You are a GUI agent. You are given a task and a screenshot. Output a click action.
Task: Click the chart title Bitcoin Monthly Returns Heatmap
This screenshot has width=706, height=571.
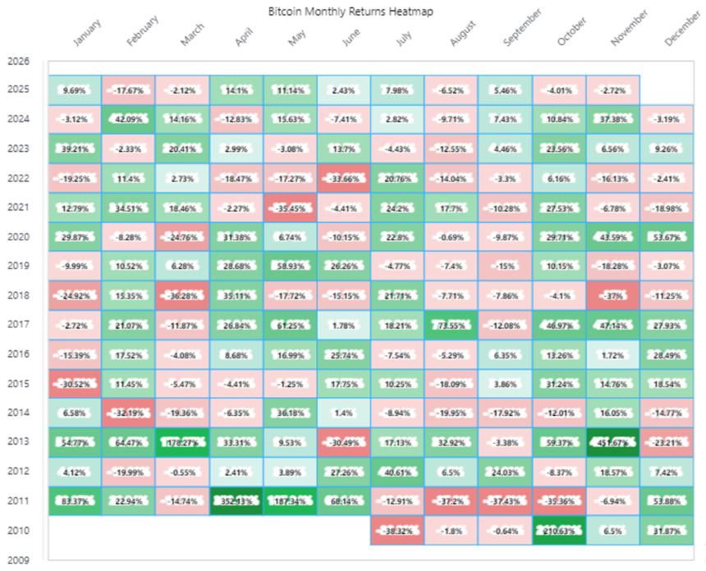(351, 11)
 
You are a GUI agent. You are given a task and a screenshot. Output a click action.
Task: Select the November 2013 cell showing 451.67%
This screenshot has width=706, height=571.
(612, 441)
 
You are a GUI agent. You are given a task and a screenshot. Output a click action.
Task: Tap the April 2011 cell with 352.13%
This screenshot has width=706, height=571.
(236, 500)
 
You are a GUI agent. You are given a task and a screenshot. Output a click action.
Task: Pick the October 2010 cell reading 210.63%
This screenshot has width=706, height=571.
(558, 530)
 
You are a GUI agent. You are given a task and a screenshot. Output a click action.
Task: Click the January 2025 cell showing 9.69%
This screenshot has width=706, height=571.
(74, 89)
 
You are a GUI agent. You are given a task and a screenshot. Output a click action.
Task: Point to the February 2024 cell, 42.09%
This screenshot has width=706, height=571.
(128, 119)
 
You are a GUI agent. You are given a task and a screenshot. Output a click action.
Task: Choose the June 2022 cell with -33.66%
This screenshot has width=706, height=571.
(343, 178)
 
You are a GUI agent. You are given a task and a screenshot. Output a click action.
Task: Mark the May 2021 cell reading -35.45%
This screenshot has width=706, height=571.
(290, 208)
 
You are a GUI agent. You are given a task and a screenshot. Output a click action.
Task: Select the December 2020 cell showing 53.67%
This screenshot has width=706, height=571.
(666, 237)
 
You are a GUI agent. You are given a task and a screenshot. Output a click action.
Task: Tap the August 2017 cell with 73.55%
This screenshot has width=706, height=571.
(451, 325)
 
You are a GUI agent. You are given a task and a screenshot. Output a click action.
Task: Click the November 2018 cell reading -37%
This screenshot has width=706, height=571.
(612, 295)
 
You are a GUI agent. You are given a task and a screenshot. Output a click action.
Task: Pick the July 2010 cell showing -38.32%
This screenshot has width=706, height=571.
(397, 530)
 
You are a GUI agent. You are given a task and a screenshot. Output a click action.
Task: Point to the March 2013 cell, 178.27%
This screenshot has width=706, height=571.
(182, 441)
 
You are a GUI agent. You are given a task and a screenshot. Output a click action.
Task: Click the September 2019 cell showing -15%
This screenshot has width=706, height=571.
(505, 267)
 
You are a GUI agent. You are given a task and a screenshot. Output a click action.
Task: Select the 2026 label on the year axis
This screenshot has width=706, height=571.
(17, 61)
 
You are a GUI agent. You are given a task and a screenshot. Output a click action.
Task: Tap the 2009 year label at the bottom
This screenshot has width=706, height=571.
(17, 560)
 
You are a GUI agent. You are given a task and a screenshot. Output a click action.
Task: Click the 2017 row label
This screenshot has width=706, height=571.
(17, 325)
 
